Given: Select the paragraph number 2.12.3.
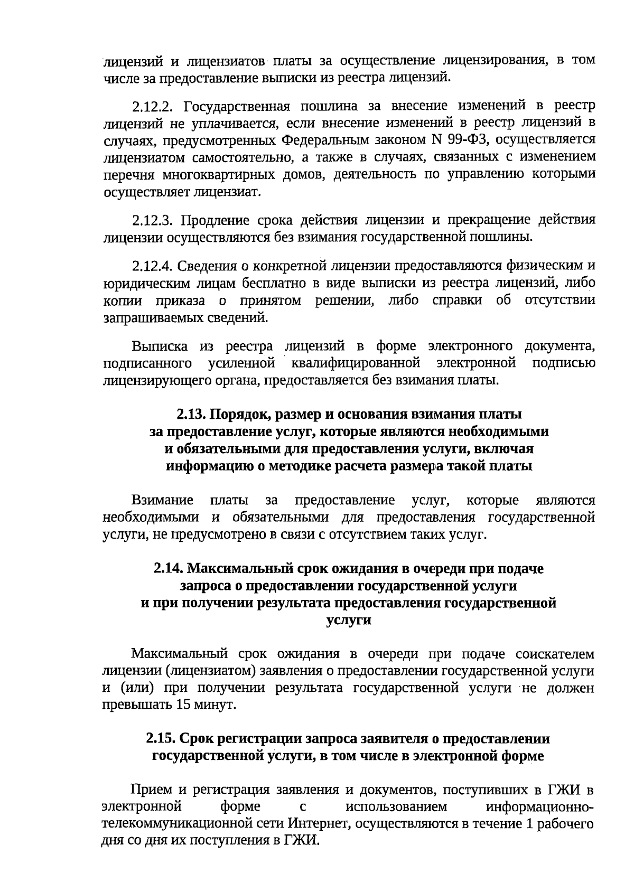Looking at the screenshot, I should pyautogui.click(x=153, y=220).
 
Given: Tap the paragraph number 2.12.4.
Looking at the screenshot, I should pyautogui.click(x=153, y=265).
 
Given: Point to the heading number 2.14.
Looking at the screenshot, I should pyautogui.click(x=169, y=569).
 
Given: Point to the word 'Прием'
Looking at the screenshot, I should pyautogui.click(x=152, y=790).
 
